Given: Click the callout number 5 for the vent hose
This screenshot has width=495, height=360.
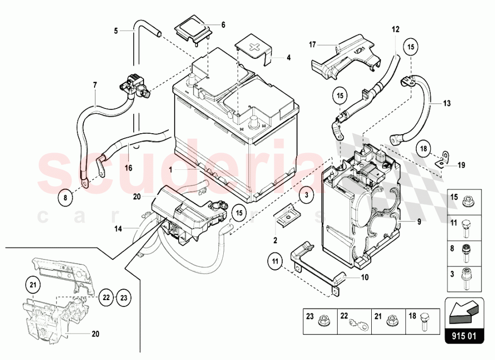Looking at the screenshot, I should click(x=116, y=31).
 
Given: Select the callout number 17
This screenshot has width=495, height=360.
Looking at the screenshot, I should click(x=312, y=45).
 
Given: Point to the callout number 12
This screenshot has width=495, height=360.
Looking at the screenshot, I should click(x=395, y=29).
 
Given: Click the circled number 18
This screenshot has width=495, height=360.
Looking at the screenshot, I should click(x=424, y=148).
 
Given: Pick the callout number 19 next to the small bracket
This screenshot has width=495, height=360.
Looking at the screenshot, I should click(x=461, y=165).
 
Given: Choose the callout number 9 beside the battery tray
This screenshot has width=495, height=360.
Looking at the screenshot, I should click(x=419, y=222).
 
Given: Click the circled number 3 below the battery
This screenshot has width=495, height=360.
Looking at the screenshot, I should click(x=306, y=195).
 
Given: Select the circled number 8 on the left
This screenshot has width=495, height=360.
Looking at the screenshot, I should click(x=64, y=198).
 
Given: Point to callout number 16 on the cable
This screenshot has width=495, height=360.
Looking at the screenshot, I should click(x=128, y=168).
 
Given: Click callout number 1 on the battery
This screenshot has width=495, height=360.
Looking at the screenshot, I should click(x=170, y=169).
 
